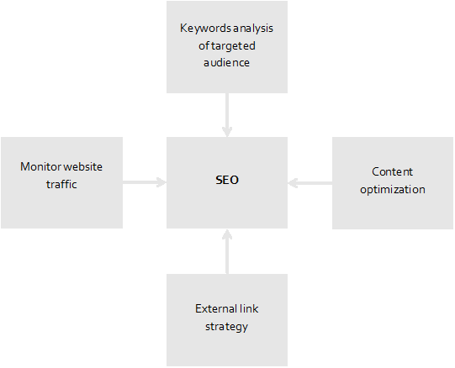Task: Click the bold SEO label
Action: pos(227,180)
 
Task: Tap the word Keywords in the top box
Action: pos(205,28)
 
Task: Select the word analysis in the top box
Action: pos(253,29)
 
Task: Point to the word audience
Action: pos(226,63)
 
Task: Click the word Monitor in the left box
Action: pos(40,166)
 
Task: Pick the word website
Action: pos(82,166)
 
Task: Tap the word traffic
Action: pos(61,184)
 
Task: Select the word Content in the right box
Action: pos(392,172)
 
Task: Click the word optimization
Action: pos(393,190)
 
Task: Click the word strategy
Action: pos(226,327)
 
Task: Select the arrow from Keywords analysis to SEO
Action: pos(227,115)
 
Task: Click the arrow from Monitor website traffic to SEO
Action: pos(145,182)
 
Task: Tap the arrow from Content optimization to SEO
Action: pos(310,183)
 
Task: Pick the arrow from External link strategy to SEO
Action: pos(227,251)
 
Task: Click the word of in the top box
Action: pos(204,46)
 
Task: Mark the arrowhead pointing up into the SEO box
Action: pos(227,234)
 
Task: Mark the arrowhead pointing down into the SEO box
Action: pos(227,132)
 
